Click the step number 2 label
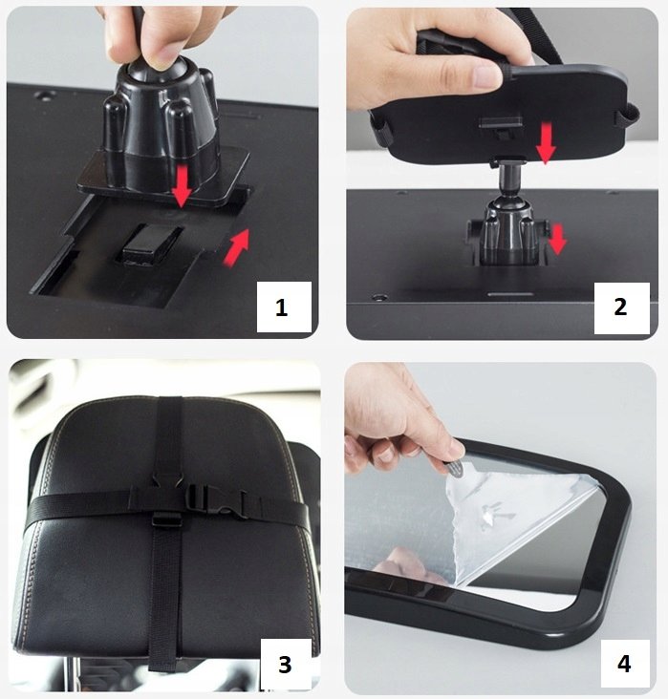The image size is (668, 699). (621, 307)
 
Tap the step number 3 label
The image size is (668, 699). (286, 664)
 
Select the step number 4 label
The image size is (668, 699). (625, 665)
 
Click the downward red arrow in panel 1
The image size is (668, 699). (183, 186)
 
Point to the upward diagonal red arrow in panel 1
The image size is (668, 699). (236, 247)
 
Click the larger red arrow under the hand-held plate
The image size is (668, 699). (546, 143)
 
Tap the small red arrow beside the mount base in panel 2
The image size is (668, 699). (557, 239)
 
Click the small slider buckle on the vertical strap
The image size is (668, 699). (166, 519)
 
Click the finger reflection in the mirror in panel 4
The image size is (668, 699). (404, 564)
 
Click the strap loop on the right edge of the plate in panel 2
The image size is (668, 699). (629, 116)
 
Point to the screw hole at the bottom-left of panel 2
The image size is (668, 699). (380, 296)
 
